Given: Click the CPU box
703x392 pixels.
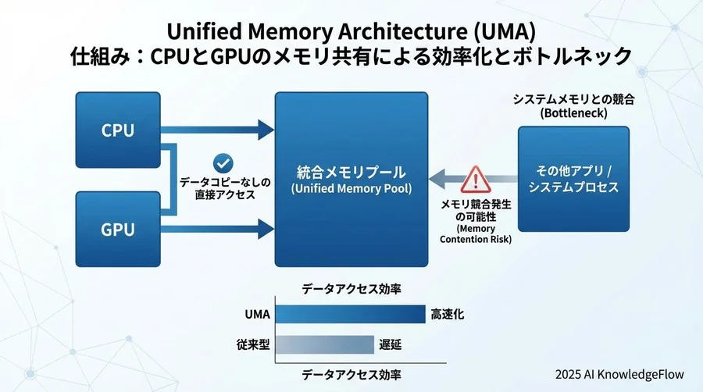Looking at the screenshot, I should pyautogui.click(x=118, y=130).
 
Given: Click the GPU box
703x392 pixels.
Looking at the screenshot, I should pyautogui.click(x=118, y=230).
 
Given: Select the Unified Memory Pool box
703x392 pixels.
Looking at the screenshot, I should pyautogui.click(x=351, y=179).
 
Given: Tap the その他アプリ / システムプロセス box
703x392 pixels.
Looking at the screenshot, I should pyautogui.click(x=573, y=179).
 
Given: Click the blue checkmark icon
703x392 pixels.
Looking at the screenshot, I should pyautogui.click(x=224, y=162).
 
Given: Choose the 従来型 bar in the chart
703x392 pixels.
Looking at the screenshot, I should pyautogui.click(x=325, y=344).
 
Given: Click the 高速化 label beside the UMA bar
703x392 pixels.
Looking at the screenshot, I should pyautogui.click(x=448, y=315).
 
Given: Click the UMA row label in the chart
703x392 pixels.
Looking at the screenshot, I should pyautogui.click(x=255, y=315).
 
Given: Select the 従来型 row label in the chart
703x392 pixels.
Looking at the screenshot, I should pyautogui.click(x=253, y=344).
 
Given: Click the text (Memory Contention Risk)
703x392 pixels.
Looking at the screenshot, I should pyautogui.click(x=476, y=233).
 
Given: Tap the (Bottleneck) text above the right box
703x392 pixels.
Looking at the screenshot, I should pyautogui.click(x=573, y=113).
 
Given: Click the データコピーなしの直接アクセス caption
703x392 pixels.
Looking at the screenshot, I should pyautogui.click(x=225, y=188).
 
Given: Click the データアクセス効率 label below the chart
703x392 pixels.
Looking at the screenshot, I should pyautogui.click(x=351, y=375).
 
